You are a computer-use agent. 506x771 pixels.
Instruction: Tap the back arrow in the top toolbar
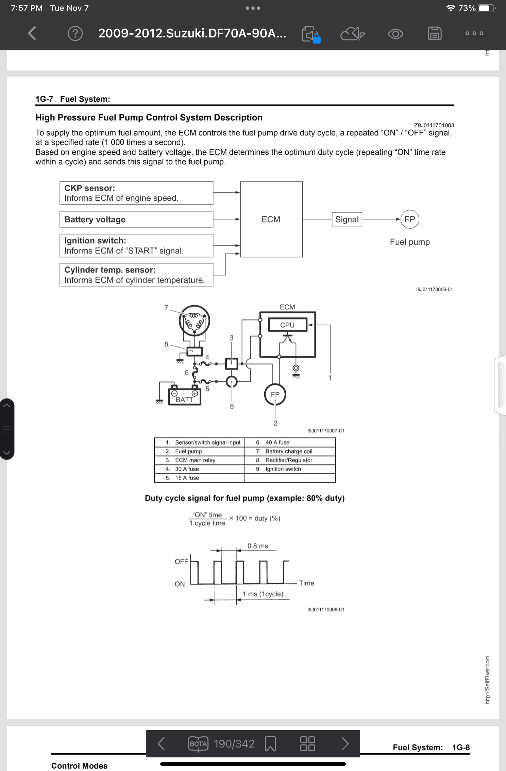click(32, 33)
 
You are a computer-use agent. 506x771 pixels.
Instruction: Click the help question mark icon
click(75, 33)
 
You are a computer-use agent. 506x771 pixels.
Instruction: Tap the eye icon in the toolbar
click(395, 34)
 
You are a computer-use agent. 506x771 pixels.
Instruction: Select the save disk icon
click(435, 33)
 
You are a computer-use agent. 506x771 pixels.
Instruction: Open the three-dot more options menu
click(474, 33)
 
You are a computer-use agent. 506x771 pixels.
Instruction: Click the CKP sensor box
click(136, 193)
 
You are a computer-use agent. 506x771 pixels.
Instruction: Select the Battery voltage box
click(136, 219)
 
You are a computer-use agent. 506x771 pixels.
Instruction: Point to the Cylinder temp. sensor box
click(136, 275)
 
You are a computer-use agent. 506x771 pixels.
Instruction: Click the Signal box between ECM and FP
click(347, 219)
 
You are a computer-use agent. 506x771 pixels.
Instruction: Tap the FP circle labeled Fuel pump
click(410, 219)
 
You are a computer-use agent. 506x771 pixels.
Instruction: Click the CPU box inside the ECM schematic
click(287, 325)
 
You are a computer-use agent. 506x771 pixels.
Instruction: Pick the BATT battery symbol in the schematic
click(185, 395)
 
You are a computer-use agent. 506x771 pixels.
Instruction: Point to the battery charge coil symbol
click(195, 320)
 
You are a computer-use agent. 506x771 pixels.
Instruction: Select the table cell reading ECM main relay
click(200, 460)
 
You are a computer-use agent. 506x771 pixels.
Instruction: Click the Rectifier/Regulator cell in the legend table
click(290, 460)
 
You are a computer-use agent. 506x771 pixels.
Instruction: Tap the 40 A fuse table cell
click(290, 442)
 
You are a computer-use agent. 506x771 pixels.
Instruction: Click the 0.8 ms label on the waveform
click(258, 546)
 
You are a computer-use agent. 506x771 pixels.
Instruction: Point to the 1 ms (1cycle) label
click(263, 594)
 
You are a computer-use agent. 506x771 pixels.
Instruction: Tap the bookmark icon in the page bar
click(270, 744)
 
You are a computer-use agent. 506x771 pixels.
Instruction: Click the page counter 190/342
click(234, 744)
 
